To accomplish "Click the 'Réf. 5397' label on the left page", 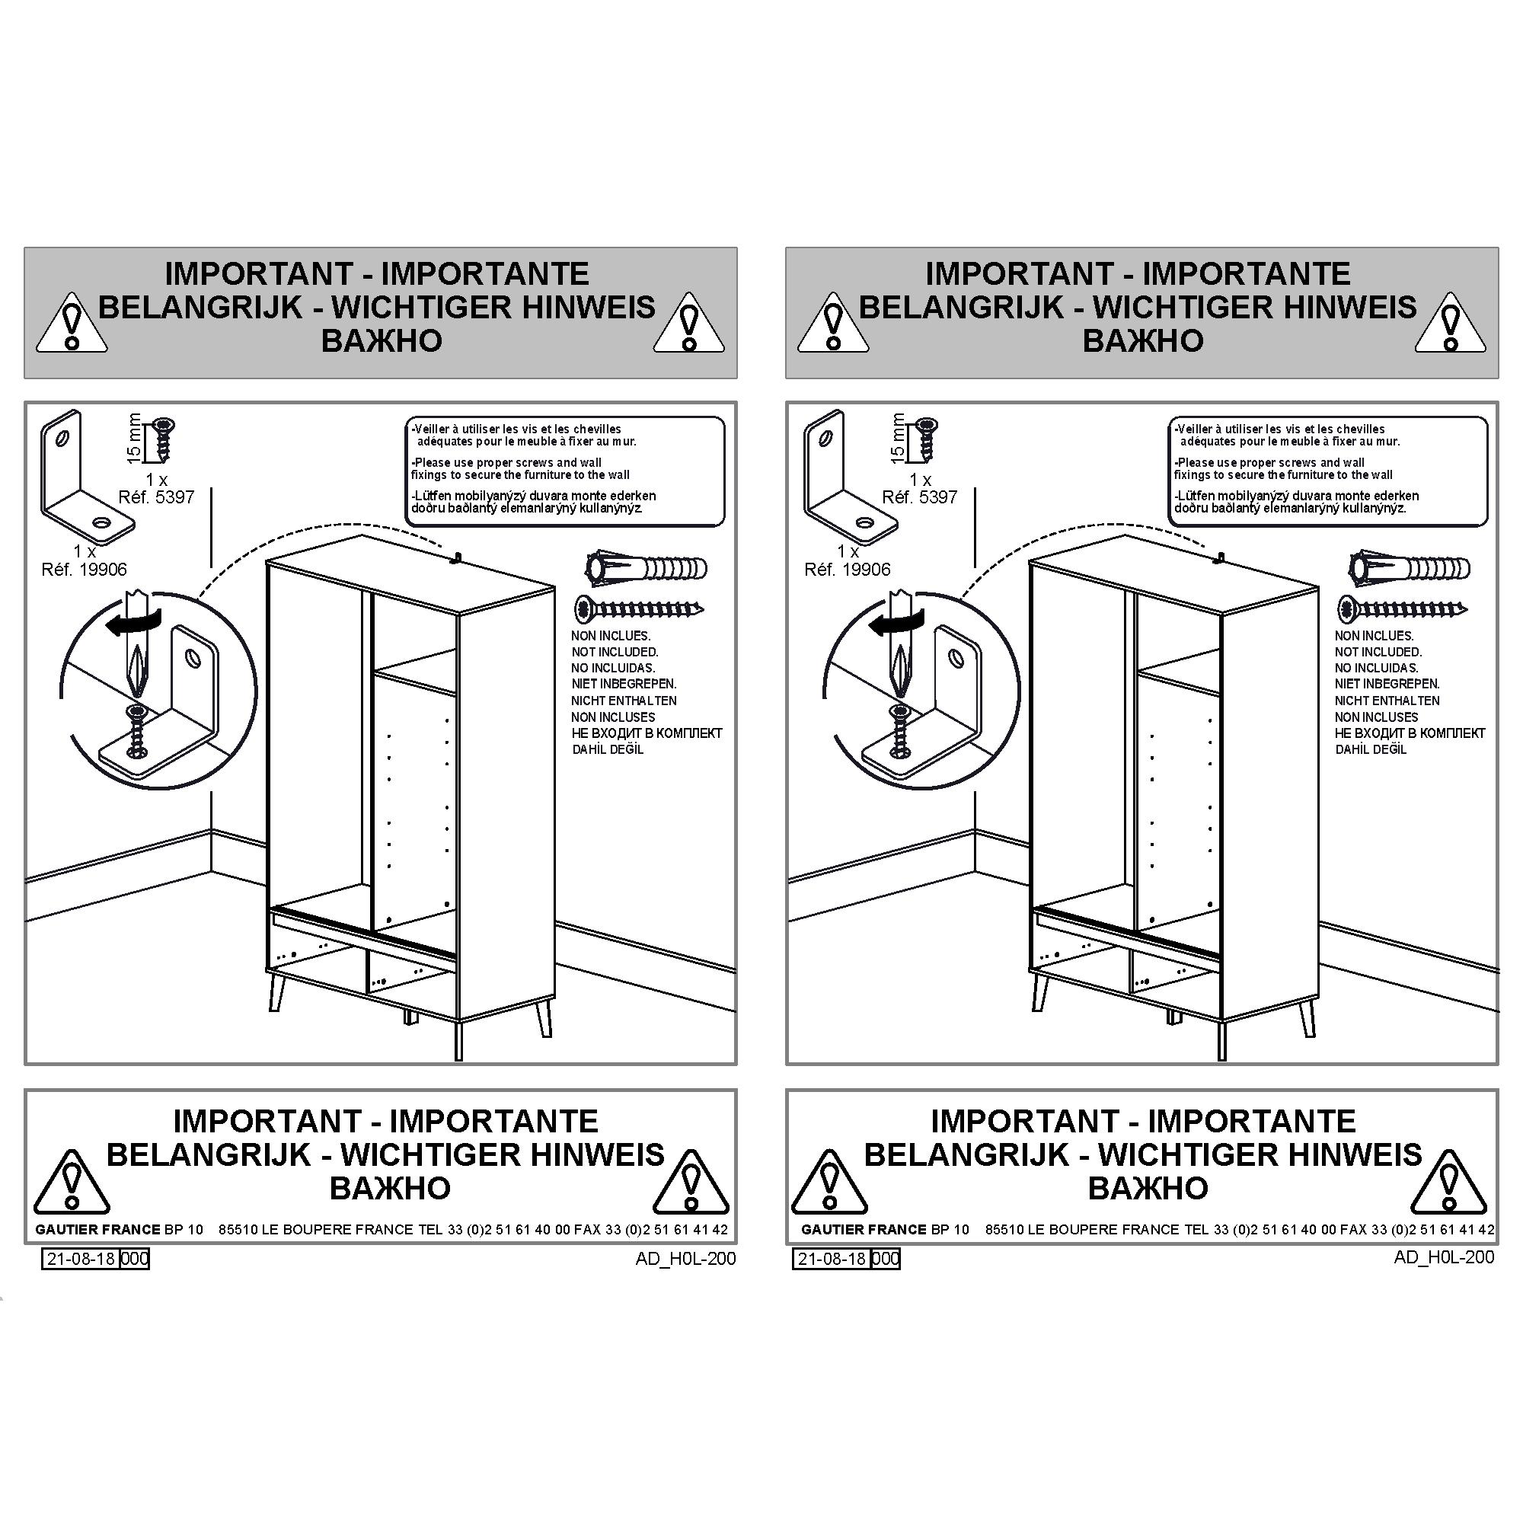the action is [156, 497].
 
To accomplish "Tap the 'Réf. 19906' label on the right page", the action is [848, 569].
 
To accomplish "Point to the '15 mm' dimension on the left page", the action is [135, 438].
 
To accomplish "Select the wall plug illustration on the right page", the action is [1410, 567].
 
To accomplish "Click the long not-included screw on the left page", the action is [640, 608].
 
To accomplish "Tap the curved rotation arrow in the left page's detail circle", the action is [133, 622].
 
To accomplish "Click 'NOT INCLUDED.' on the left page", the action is [615, 652].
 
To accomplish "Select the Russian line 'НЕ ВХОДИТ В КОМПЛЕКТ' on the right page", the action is [1410, 733].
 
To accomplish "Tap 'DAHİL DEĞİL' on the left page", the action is [608, 749].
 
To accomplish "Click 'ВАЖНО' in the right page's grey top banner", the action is [1142, 340].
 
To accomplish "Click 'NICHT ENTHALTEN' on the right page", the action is [1387, 700].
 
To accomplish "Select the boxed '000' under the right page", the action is [886, 1259].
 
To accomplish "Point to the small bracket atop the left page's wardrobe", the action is [455, 559].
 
